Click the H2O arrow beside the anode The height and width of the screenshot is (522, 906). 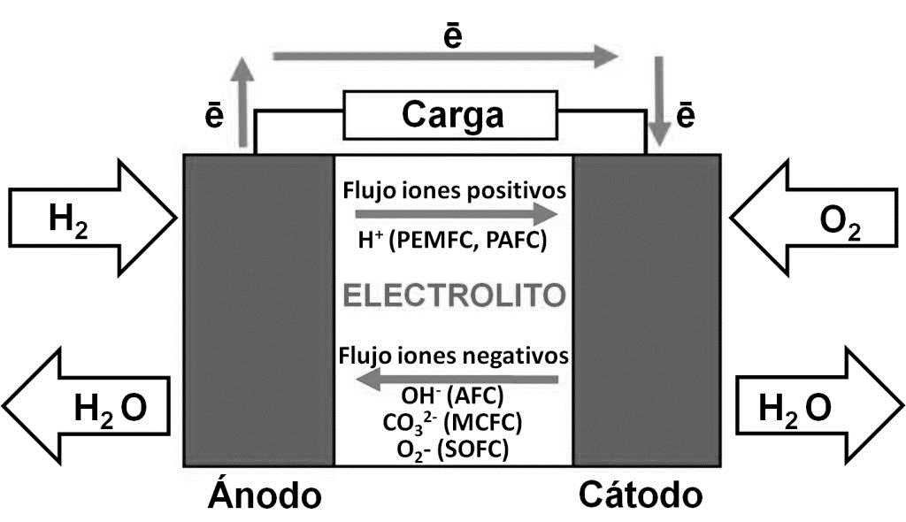88,408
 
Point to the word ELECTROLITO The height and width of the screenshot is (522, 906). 454,296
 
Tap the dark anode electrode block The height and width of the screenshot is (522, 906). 258,310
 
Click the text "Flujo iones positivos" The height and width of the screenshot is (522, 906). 454,190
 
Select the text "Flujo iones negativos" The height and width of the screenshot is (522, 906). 454,357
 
